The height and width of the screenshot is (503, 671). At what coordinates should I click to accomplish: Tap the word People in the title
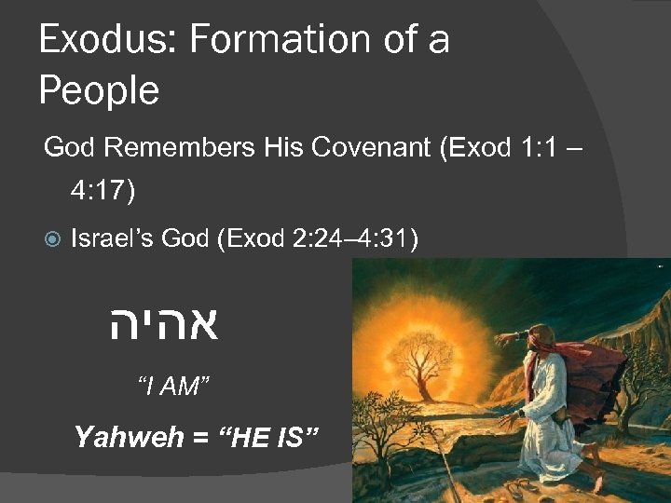point(99,91)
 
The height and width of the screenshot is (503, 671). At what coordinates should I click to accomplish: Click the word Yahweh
point(128,436)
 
